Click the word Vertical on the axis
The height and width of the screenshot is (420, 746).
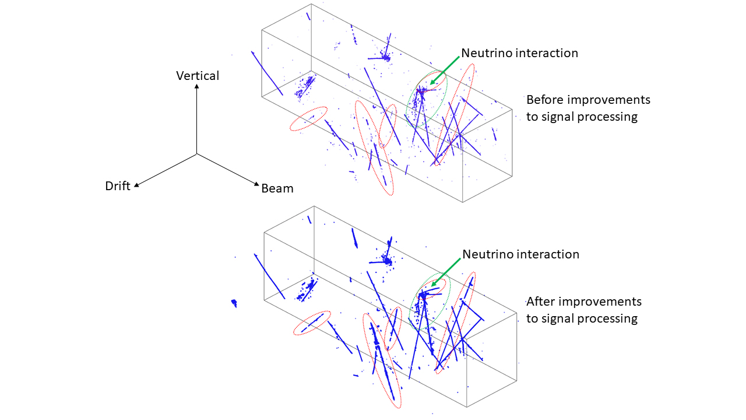(x=198, y=76)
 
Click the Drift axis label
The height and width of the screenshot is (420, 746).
(x=118, y=186)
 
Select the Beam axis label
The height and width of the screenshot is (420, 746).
(x=277, y=188)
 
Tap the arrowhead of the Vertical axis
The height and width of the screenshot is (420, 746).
(x=197, y=86)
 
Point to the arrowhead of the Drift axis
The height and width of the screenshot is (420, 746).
(x=136, y=185)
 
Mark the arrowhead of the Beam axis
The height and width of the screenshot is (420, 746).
(x=256, y=184)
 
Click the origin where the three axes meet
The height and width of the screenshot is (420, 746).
(x=196, y=154)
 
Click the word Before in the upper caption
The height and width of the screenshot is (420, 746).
(x=544, y=100)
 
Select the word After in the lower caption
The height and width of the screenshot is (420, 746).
(x=537, y=302)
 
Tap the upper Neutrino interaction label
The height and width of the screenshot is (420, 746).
(x=519, y=53)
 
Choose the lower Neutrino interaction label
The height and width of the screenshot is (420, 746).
(x=521, y=254)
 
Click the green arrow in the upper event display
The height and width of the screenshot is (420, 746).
(x=445, y=71)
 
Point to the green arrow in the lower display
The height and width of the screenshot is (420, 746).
(x=446, y=272)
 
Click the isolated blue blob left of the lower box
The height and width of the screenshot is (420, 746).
(x=234, y=303)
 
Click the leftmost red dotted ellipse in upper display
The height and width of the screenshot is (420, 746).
(x=308, y=118)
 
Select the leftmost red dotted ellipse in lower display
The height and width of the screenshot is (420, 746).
(x=312, y=323)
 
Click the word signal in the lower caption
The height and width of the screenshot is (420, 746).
(x=557, y=318)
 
